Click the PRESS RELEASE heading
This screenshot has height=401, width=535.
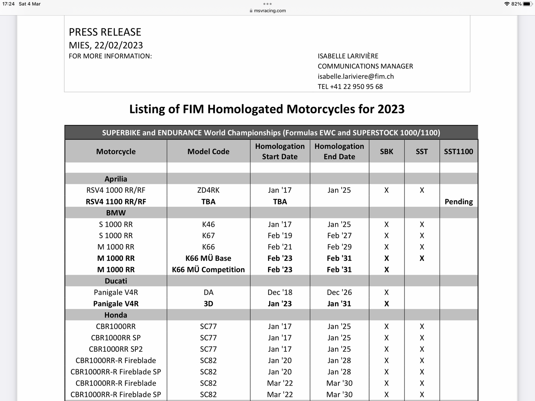click(105, 32)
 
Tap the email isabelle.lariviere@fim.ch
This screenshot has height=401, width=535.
click(356, 76)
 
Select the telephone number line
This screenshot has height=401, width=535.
click(350, 87)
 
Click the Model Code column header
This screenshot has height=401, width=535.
click(208, 152)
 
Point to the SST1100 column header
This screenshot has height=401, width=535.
click(458, 152)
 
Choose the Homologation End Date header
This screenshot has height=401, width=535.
click(339, 151)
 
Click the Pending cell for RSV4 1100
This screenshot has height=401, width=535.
click(458, 202)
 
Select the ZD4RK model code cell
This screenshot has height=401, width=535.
click(208, 190)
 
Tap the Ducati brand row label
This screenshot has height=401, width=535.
click(116, 281)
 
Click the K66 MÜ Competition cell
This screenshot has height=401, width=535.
click(208, 270)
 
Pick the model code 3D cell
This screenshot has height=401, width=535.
click(208, 304)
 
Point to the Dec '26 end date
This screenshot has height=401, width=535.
click(339, 292)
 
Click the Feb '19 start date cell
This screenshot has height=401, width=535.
click(280, 235)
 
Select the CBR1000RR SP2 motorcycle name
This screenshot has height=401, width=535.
click(116, 349)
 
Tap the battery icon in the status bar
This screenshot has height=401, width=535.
click(527, 4)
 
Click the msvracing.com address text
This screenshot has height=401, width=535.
click(270, 11)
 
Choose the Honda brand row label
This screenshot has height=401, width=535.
click(116, 315)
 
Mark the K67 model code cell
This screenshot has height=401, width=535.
click(208, 235)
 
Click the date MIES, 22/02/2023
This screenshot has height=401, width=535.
click(106, 45)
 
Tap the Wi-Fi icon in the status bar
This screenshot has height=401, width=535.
click(507, 4)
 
